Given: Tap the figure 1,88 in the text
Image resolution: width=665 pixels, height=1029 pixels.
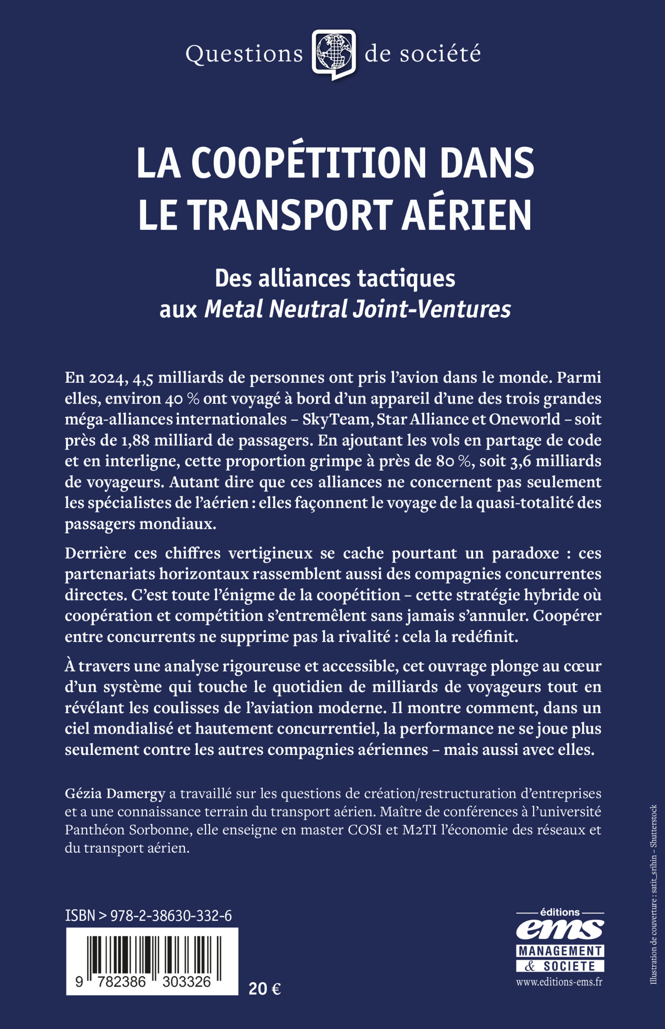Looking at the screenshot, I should [132, 440].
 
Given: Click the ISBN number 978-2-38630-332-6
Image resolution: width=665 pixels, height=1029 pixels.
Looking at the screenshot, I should [171, 916].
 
